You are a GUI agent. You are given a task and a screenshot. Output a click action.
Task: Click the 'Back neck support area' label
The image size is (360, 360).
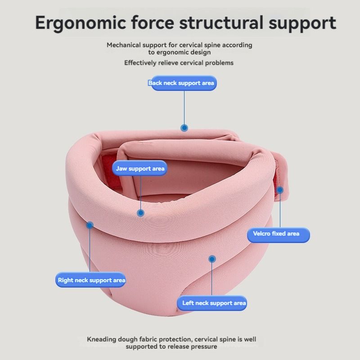[x=183, y=83]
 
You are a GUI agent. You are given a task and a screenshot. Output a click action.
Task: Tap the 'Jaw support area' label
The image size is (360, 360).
[x=139, y=168]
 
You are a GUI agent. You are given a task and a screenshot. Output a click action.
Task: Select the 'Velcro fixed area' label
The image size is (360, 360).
[x=278, y=234]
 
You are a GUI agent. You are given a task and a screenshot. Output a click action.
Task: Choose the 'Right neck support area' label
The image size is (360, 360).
[x=91, y=279]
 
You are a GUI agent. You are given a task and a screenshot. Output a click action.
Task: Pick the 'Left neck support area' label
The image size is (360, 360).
[x=212, y=303]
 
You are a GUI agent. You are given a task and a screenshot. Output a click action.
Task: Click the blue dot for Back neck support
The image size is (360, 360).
[x=184, y=128]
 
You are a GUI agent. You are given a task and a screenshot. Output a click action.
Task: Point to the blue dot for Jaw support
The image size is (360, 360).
[x=140, y=213]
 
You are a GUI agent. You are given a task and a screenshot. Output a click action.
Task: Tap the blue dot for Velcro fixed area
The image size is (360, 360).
[x=280, y=190]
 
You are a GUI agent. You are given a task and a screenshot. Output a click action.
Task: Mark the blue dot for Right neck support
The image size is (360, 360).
[x=90, y=225]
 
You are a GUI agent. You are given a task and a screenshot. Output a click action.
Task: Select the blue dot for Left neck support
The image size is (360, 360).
[x=212, y=259]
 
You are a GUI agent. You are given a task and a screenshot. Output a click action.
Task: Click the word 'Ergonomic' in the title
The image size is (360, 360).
[x=81, y=23]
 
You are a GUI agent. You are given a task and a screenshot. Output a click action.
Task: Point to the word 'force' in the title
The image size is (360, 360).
[x=153, y=22]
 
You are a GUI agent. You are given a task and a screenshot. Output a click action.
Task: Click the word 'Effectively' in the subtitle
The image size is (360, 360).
[x=140, y=63]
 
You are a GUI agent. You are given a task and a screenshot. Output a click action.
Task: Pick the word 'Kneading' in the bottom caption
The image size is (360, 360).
[x=102, y=339]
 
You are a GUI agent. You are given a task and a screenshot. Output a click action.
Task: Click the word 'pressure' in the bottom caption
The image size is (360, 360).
[x=204, y=346]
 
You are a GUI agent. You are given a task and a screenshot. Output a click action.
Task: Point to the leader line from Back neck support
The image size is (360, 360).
[x=184, y=108]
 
